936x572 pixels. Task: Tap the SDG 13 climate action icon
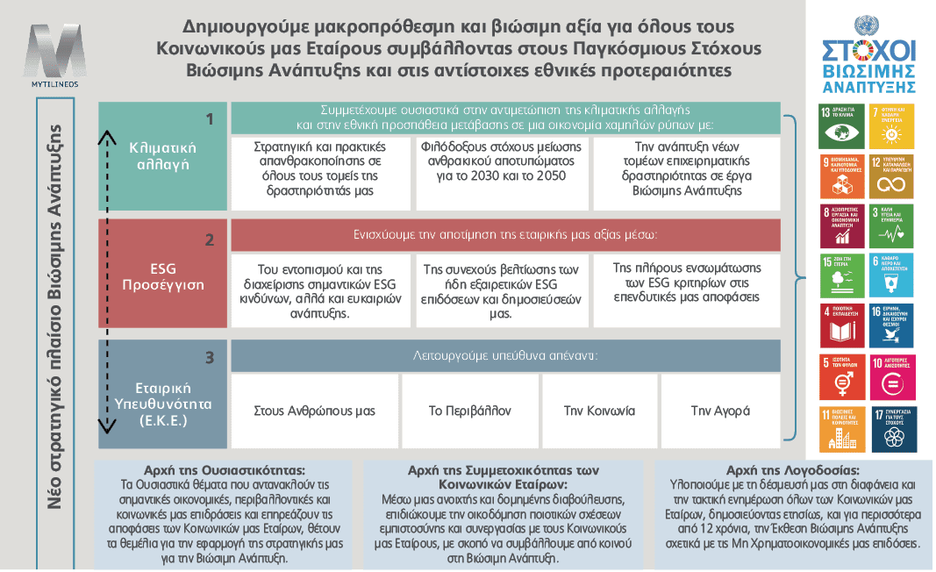pos(840,126)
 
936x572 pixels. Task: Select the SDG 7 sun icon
pos(890,126)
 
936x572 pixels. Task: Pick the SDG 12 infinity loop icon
pos(890,176)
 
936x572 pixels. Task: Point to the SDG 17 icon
pos(890,428)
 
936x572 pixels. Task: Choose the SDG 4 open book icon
pos(840,326)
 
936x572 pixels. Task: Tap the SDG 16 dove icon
pos(890,326)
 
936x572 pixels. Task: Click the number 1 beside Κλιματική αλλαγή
pos(209,118)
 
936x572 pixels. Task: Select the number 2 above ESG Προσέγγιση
pos(209,239)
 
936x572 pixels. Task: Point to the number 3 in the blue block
pos(209,357)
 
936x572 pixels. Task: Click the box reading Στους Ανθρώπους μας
pos(314,410)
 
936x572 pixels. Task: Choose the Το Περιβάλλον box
pos(469,410)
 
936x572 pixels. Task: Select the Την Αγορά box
pos(720,410)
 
